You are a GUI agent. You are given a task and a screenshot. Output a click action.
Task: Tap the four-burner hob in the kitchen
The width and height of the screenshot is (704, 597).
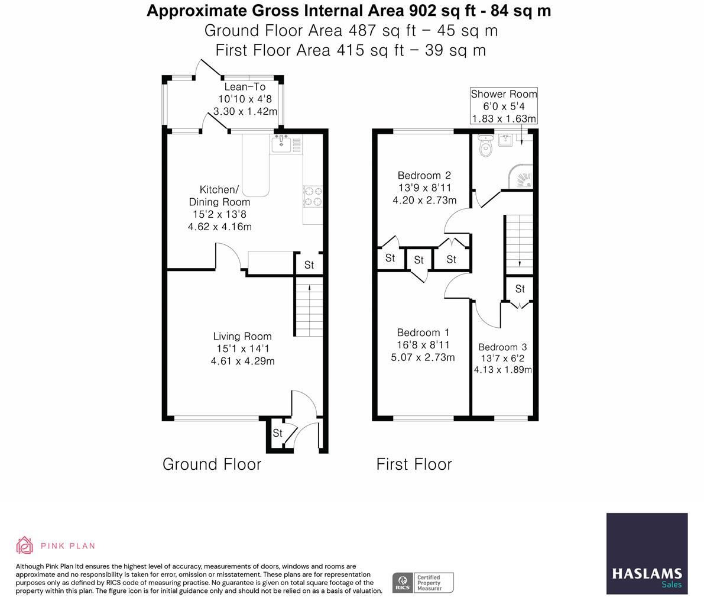[x=313, y=196]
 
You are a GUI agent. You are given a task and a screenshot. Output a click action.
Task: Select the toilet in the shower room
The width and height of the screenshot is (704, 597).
[x=485, y=145]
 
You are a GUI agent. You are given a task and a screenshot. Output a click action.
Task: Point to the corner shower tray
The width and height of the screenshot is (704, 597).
[x=521, y=177]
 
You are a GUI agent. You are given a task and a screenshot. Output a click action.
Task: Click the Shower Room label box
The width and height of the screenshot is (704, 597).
[x=503, y=106]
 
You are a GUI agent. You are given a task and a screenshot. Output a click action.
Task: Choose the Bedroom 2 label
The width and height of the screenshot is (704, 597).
[x=424, y=188]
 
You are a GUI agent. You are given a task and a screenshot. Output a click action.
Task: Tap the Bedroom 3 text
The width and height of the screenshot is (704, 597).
[x=502, y=347]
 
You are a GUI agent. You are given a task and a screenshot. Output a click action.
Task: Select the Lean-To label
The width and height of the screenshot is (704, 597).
[x=245, y=87]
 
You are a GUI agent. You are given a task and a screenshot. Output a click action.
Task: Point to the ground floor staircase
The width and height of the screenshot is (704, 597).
[x=309, y=306]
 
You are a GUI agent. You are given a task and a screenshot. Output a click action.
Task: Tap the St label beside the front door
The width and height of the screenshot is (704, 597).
[x=277, y=433]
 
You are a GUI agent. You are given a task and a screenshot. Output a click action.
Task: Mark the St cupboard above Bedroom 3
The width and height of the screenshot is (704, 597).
[x=520, y=289]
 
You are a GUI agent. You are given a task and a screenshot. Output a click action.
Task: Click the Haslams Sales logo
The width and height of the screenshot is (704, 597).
[x=647, y=553]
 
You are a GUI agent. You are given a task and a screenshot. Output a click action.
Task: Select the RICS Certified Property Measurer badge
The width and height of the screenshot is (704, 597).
[x=423, y=583]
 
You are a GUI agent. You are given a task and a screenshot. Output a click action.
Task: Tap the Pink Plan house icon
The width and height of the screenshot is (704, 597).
[x=24, y=546]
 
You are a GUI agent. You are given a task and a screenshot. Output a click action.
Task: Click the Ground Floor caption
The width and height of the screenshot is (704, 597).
[x=212, y=464]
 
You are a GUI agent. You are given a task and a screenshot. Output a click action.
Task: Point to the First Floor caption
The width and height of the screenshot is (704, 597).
[x=414, y=464]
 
